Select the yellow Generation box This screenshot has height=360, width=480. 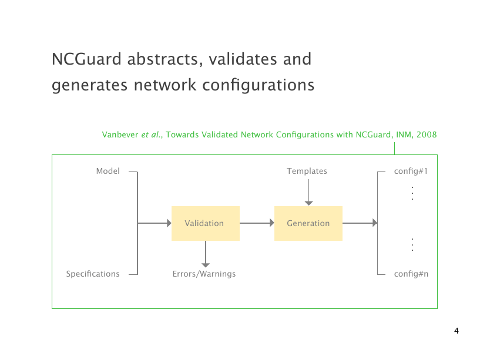point(308,223)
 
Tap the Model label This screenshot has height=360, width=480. point(108,171)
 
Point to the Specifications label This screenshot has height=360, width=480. point(93,274)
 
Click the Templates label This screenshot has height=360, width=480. point(307,171)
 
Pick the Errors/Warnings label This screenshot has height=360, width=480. point(204,274)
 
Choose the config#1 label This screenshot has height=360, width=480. point(410,171)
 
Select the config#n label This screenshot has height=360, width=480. point(411,274)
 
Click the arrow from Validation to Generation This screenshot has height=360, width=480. point(257,223)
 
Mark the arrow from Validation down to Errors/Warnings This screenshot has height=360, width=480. point(206,254)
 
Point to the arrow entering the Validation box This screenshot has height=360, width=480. point(154,223)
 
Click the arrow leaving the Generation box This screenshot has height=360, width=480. point(360,223)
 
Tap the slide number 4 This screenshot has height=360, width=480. point(456,331)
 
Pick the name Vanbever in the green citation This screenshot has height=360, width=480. point(120,135)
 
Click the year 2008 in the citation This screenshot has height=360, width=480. point(427,135)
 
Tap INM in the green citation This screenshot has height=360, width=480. point(403,135)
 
